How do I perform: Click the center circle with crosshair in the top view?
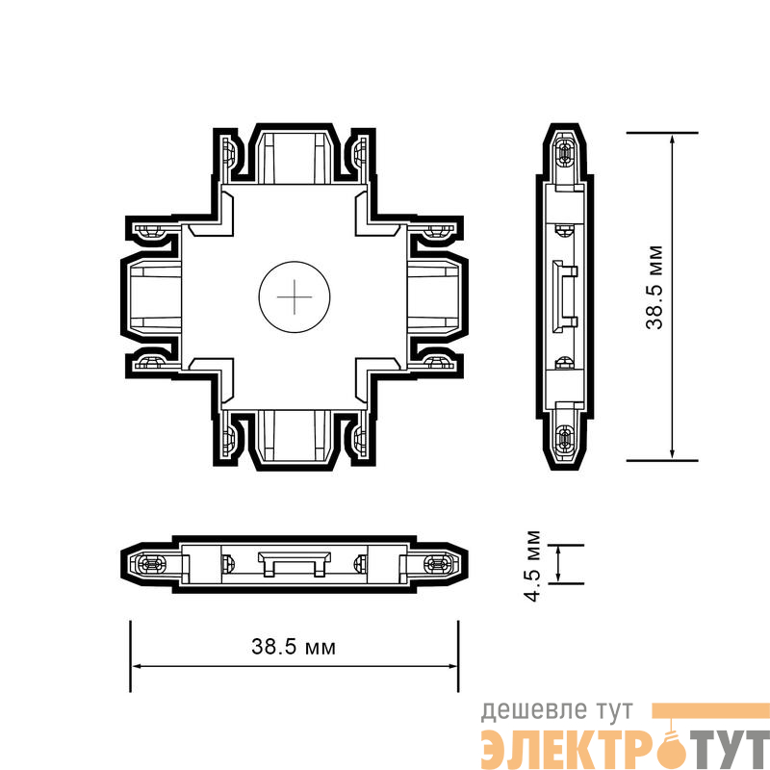[295, 296]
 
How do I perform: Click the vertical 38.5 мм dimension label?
[654, 287]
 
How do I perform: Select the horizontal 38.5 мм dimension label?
[294, 647]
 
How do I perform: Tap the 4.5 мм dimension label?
[532, 566]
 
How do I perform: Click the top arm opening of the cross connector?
[295, 157]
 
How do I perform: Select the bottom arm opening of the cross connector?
[295, 436]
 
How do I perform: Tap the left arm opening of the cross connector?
[155, 296]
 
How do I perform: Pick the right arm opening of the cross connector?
[434, 296]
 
